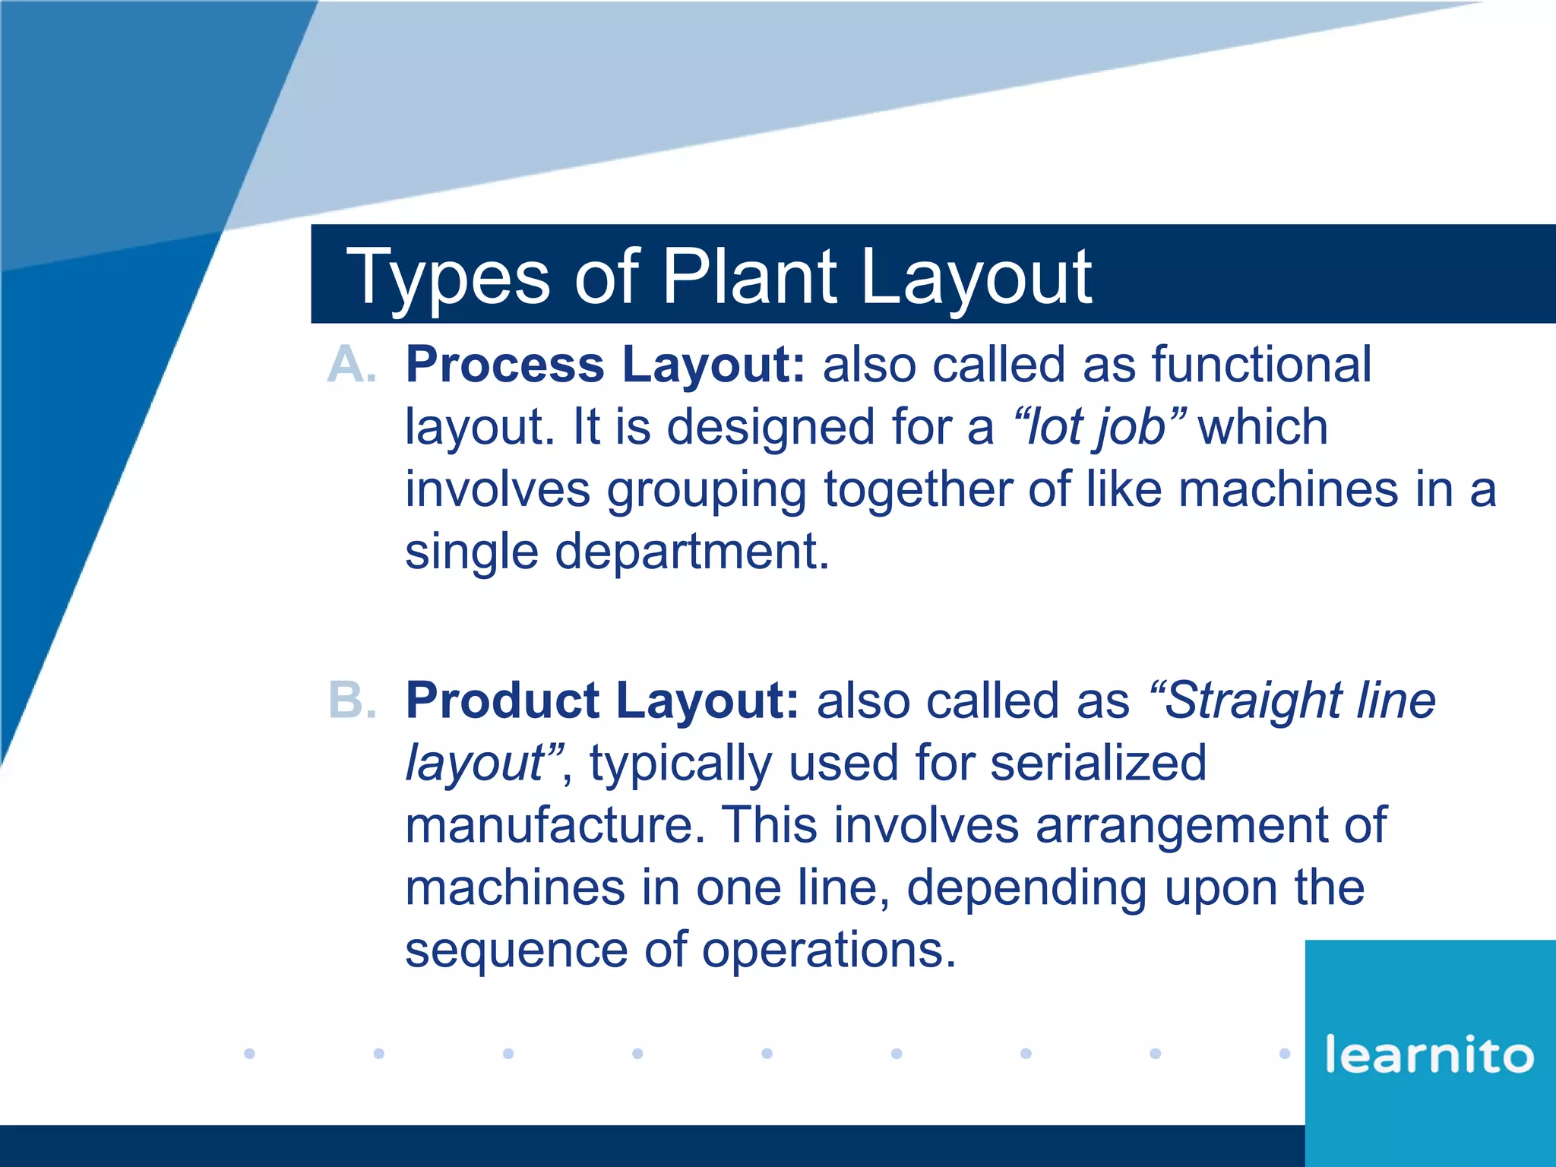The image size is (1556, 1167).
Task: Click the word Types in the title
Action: tap(448, 277)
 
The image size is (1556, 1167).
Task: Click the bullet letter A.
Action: tap(352, 365)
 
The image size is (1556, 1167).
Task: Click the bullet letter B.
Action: tap(352, 700)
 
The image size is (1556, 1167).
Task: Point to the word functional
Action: tap(1262, 365)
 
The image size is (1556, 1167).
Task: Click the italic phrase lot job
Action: tap(1097, 427)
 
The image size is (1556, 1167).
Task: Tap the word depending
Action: tap(1026, 887)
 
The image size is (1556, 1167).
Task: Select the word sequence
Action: tap(516, 950)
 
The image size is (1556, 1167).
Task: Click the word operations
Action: tap(828, 950)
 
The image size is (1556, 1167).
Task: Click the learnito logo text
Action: tap(1429, 1055)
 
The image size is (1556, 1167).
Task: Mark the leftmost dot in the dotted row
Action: tap(249, 1053)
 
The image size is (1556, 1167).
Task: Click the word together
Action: tap(917, 490)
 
